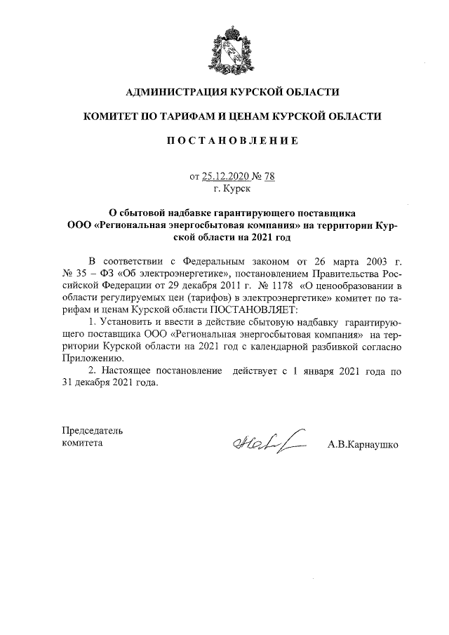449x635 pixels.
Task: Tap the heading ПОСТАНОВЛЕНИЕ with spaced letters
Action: coord(232,141)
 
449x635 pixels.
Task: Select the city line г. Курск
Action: coord(232,189)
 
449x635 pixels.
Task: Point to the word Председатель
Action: coord(93,430)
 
